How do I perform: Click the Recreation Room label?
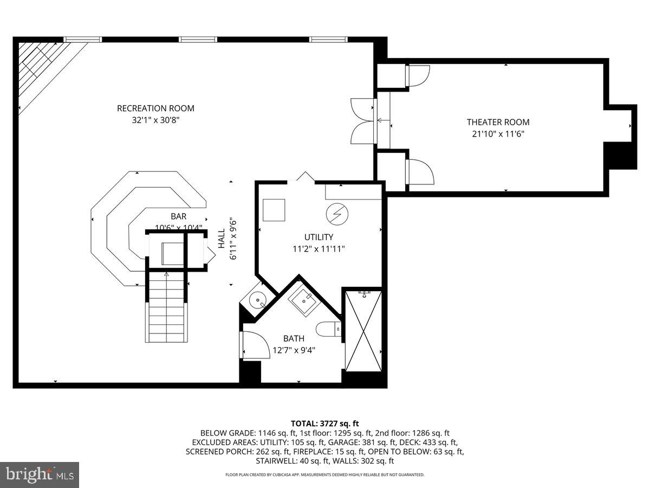click(x=155, y=108)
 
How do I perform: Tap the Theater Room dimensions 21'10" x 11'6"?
click(x=498, y=133)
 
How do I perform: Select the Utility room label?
click(x=318, y=237)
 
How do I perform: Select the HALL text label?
click(x=222, y=239)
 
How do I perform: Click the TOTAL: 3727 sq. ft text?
click(x=325, y=423)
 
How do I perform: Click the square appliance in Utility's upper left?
click(x=274, y=210)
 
